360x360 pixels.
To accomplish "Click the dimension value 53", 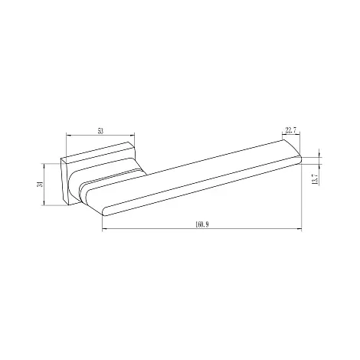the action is pyautogui.click(x=100, y=131).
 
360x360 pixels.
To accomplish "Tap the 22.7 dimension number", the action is pyautogui.click(x=291, y=130).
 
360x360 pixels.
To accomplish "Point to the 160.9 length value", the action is pyautogui.click(x=202, y=224).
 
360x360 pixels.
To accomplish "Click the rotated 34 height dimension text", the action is pyautogui.click(x=39, y=184).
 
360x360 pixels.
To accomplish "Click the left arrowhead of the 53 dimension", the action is pyautogui.click(x=68, y=135).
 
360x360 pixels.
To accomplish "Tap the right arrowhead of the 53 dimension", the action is pyautogui.click(x=133, y=135).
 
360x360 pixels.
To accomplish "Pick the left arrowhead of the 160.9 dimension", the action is pyautogui.click(x=104, y=229).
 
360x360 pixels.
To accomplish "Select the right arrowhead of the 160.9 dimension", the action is pyautogui.click(x=299, y=229).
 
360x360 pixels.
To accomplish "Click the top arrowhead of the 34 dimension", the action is pyautogui.click(x=44, y=165).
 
